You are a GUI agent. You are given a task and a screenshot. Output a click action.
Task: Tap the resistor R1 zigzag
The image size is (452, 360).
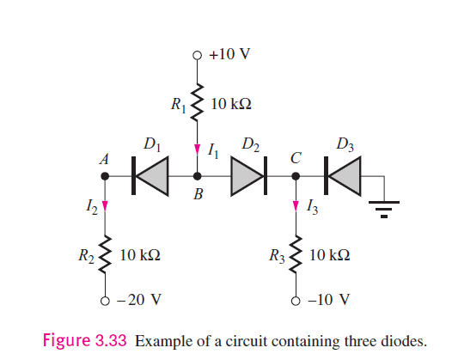click(x=199, y=102)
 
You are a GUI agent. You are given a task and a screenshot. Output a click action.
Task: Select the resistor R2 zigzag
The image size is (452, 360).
click(x=105, y=255)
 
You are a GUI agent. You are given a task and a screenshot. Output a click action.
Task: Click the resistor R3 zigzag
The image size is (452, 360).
click(x=296, y=255)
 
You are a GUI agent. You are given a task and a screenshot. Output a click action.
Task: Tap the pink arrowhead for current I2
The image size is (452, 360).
click(x=105, y=205)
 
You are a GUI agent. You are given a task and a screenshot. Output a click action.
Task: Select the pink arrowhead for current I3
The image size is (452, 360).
click(x=296, y=205)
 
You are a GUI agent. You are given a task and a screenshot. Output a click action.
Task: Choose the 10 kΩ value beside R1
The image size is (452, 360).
click(x=230, y=104)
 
